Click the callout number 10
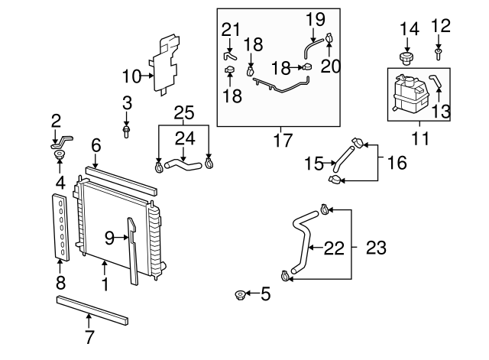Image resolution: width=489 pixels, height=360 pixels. pyautogui.click(x=132, y=76)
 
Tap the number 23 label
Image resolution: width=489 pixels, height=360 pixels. pyautogui.click(x=375, y=248)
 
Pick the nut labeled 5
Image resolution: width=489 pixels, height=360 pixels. pyautogui.click(x=241, y=294)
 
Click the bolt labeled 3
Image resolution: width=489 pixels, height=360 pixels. pyautogui.click(x=127, y=131)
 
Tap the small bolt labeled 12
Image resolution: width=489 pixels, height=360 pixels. pyautogui.click(x=439, y=54)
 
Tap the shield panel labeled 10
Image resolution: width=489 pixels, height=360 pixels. pyautogui.click(x=167, y=65)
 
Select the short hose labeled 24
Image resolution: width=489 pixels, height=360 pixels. pyautogui.click(x=183, y=161)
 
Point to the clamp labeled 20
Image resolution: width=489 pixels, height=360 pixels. pyautogui.click(x=329, y=38)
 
